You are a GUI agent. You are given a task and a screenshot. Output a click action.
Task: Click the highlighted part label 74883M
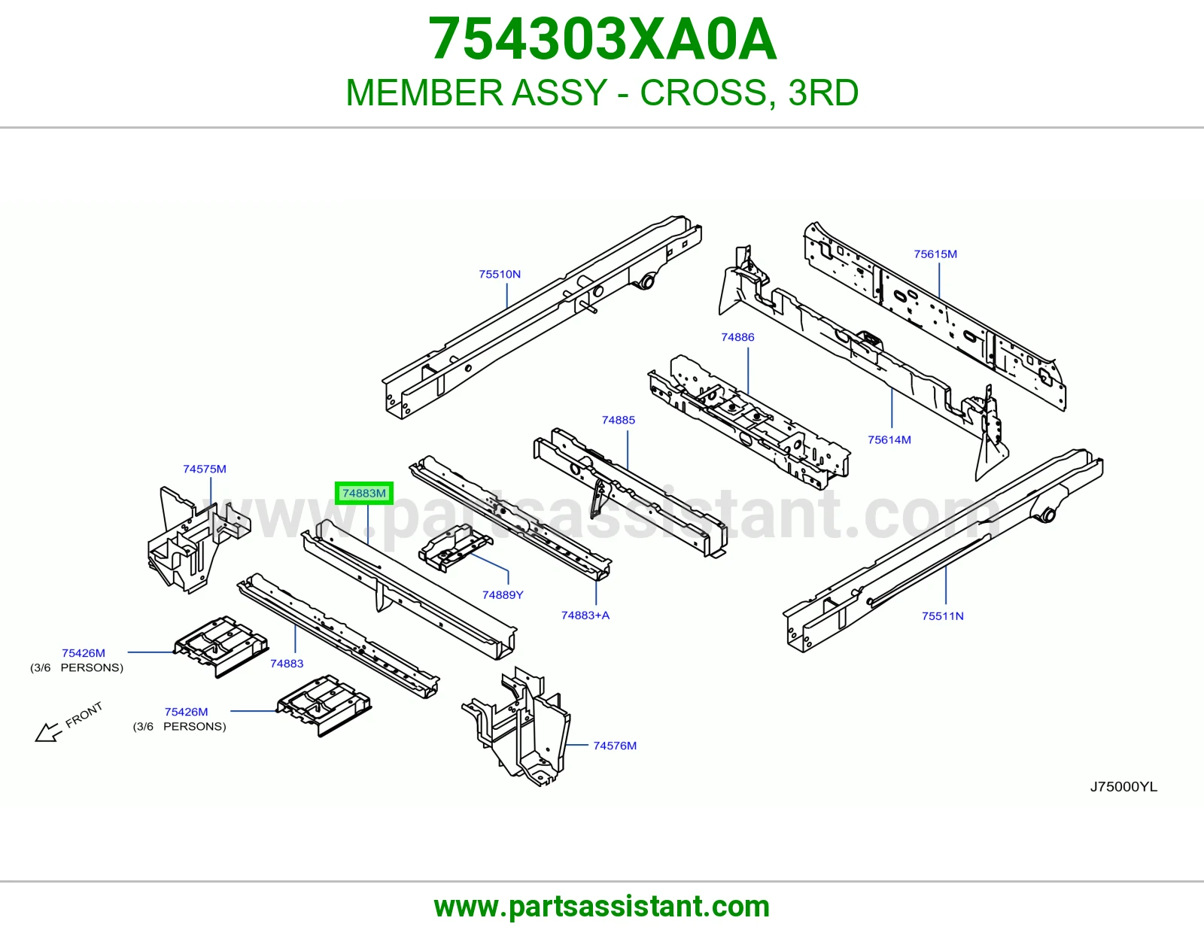click(364, 493)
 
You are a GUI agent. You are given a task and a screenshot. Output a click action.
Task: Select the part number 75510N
click(500, 274)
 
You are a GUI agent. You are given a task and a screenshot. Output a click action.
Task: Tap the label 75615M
click(935, 254)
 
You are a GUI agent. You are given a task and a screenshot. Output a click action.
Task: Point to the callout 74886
click(737, 337)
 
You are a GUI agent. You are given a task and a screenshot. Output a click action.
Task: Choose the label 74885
click(619, 420)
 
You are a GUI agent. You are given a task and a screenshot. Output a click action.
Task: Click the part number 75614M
click(889, 440)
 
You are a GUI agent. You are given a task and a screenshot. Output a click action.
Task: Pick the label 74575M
click(205, 469)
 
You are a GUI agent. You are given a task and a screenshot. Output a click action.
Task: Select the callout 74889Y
click(503, 595)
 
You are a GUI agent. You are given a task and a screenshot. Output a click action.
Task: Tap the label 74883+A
click(585, 615)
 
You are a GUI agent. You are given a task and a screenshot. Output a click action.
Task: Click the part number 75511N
click(942, 616)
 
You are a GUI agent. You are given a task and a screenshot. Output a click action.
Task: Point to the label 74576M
click(615, 746)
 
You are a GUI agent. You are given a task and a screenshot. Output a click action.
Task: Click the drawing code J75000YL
click(1123, 787)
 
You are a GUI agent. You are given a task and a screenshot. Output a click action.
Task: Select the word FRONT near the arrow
click(84, 715)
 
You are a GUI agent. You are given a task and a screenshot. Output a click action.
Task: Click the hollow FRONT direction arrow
click(47, 732)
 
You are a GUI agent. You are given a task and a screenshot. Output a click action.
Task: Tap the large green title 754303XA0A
click(602, 39)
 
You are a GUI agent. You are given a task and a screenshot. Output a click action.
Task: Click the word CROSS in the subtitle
click(704, 93)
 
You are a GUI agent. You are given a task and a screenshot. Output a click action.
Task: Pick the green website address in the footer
click(602, 907)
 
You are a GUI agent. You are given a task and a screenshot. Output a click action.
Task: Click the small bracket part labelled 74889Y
click(455, 548)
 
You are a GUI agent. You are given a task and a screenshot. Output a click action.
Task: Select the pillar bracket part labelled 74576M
click(516, 726)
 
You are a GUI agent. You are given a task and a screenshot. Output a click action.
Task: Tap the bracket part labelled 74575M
click(199, 540)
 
